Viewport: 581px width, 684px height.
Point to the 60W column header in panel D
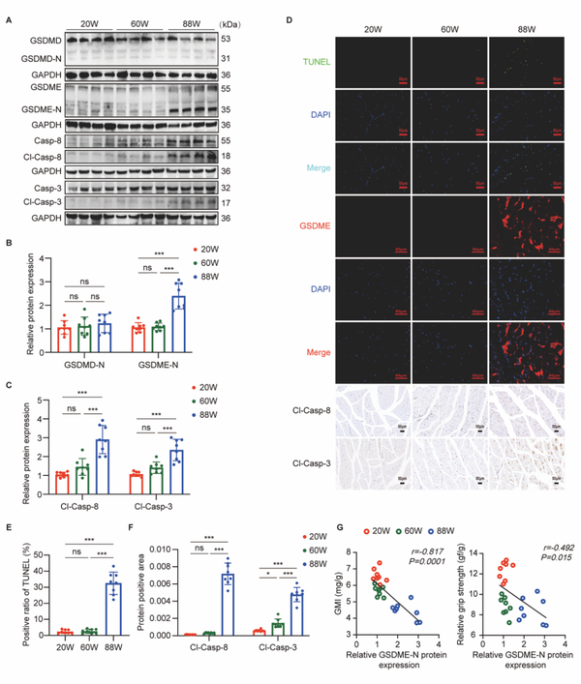(449, 29)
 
